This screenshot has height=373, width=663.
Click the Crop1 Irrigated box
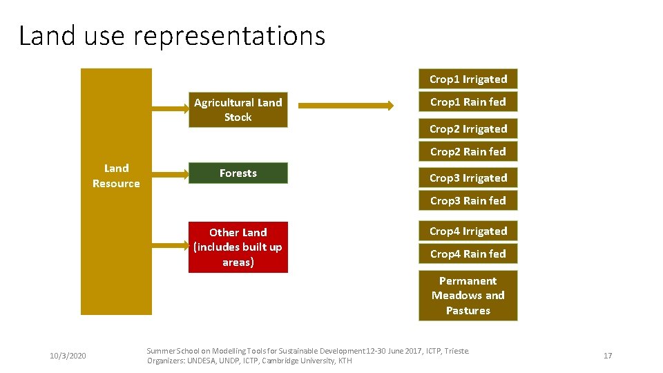pos(468,79)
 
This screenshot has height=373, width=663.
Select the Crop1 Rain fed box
pos(468,102)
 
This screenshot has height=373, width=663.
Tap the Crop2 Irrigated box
pos(468,129)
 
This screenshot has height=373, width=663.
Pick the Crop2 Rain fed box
pos(468,152)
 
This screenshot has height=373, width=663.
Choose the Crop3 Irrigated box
pos(468,178)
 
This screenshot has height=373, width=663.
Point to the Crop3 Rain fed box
pos(468,201)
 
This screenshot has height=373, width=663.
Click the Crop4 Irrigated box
pos(468,231)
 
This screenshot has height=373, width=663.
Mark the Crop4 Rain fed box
pos(468,254)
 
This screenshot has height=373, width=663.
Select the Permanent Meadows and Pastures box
pos(468,296)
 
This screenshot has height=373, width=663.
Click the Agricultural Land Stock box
pos(238,110)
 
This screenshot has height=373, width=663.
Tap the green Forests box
pos(238,173)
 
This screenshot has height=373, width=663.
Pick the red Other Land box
pos(238,247)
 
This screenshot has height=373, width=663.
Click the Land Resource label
pos(116,176)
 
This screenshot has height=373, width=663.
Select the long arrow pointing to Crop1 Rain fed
pos(346,106)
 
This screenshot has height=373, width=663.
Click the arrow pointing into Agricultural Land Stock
pos(170,108)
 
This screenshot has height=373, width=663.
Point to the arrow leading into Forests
pos(170,173)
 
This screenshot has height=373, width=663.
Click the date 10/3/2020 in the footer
pos(68,356)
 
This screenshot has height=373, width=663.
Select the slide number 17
pos(608,356)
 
